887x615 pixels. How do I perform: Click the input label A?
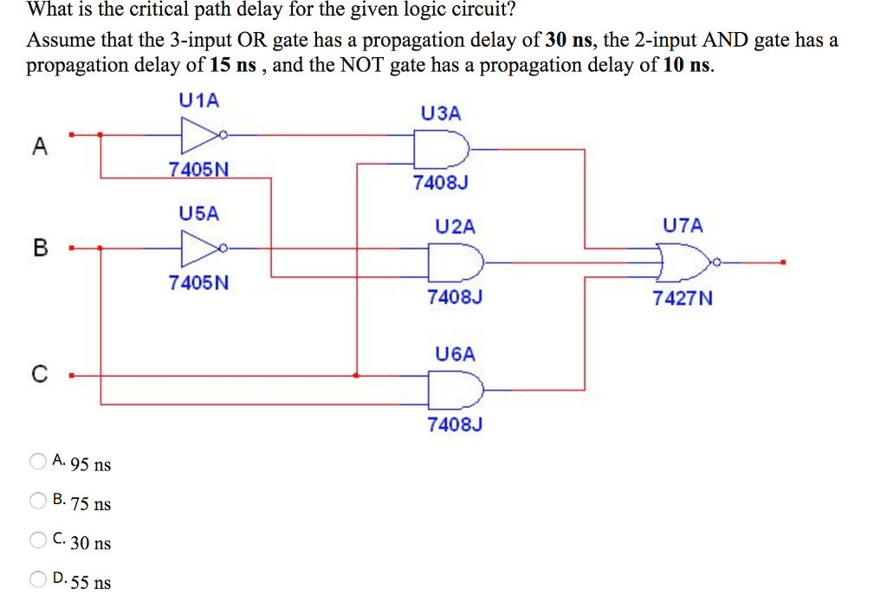[x=38, y=147]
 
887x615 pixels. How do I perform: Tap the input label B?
[x=38, y=249]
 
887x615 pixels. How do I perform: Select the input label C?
[x=38, y=375]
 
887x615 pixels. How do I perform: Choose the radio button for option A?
[x=38, y=461]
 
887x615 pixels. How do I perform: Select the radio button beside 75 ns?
[x=38, y=500]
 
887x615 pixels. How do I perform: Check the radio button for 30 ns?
[x=38, y=540]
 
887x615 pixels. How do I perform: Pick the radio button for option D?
[x=38, y=578]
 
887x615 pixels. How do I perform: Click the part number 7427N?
[x=683, y=299]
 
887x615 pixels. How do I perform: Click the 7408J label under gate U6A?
[x=454, y=424]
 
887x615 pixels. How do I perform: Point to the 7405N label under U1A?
[x=199, y=169]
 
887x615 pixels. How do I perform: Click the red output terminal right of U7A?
[x=783, y=262]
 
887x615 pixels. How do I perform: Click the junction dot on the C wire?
[x=357, y=375]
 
